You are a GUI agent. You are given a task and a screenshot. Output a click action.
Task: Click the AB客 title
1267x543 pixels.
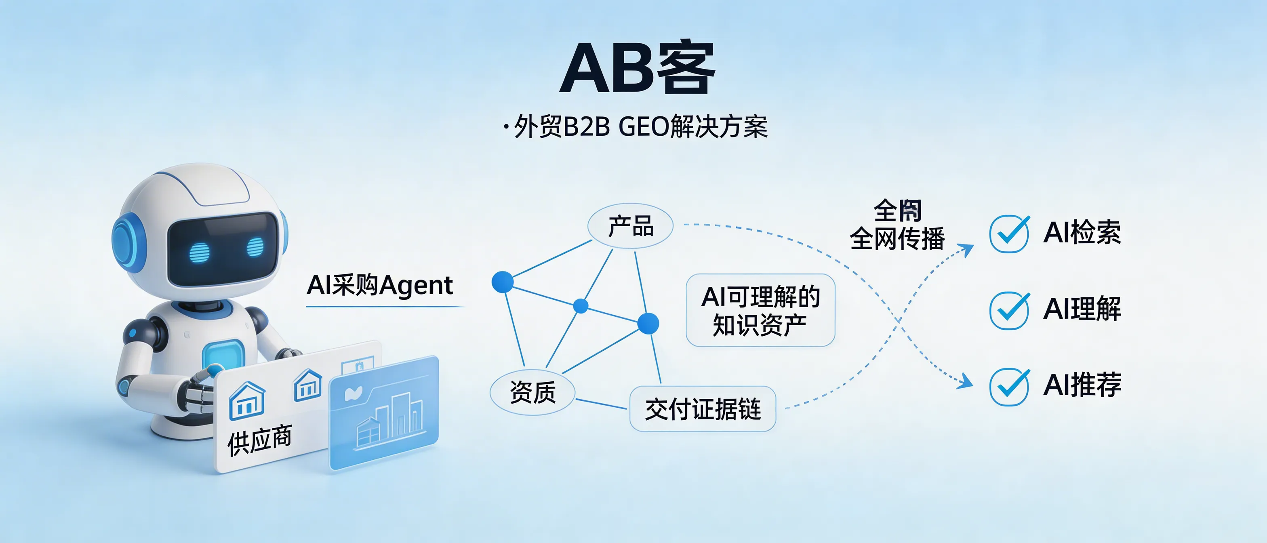point(638,69)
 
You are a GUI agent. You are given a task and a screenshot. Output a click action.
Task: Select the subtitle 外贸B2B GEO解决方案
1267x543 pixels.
point(640,127)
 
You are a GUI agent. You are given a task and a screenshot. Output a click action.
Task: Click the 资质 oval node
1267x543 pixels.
point(532,392)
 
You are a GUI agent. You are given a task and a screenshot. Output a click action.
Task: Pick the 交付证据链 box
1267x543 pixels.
point(702,409)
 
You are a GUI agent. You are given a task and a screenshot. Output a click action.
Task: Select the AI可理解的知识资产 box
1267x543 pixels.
point(760,310)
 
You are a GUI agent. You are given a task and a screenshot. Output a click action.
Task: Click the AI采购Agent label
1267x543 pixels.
point(380,285)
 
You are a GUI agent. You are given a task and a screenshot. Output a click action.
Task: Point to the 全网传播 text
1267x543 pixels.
point(897,238)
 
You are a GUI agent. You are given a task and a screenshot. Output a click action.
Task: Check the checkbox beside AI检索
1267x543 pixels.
point(1009,234)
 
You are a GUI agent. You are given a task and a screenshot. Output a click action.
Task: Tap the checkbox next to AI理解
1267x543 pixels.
point(1009,310)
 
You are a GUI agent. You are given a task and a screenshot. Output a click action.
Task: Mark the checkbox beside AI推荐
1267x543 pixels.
point(1009,387)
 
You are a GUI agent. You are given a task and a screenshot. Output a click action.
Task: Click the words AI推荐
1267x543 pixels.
point(1082,385)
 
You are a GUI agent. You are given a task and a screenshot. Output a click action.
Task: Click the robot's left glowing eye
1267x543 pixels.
point(199,252)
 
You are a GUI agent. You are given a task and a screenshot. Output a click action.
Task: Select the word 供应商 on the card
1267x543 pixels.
point(259,440)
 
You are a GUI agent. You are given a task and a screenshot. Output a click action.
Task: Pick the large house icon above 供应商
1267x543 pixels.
point(247,400)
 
